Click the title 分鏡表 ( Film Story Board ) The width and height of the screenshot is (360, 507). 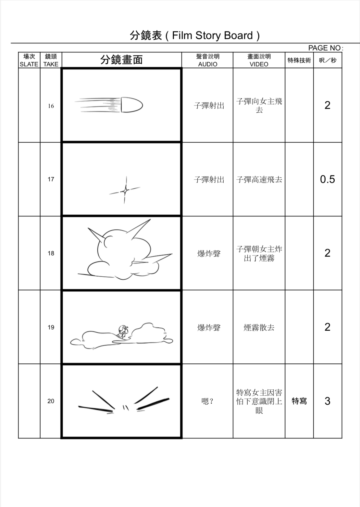click(194, 35)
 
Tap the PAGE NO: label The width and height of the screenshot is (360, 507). click(325, 48)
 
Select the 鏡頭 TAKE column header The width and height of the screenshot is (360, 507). click(51, 60)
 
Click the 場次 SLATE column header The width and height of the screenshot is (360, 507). click(29, 60)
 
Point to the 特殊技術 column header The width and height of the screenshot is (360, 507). click(299, 60)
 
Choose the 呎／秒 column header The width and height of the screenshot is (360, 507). click(327, 60)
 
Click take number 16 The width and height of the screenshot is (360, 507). click(51, 106)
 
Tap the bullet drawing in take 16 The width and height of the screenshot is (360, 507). click(131, 105)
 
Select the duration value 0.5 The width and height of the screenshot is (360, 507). click(327, 179)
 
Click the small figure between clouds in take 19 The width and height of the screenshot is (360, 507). click(123, 332)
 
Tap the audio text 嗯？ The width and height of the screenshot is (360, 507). click(207, 401)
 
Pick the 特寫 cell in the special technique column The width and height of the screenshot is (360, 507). click(299, 401)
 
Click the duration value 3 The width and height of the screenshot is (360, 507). click(327, 401)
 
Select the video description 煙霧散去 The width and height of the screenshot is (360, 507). click(259, 327)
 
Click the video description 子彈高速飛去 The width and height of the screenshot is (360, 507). click(259, 179)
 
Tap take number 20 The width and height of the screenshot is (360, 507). click(51, 401)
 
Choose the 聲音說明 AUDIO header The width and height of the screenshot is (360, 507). click(207, 60)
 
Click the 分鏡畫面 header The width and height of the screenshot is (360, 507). click(121, 60)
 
